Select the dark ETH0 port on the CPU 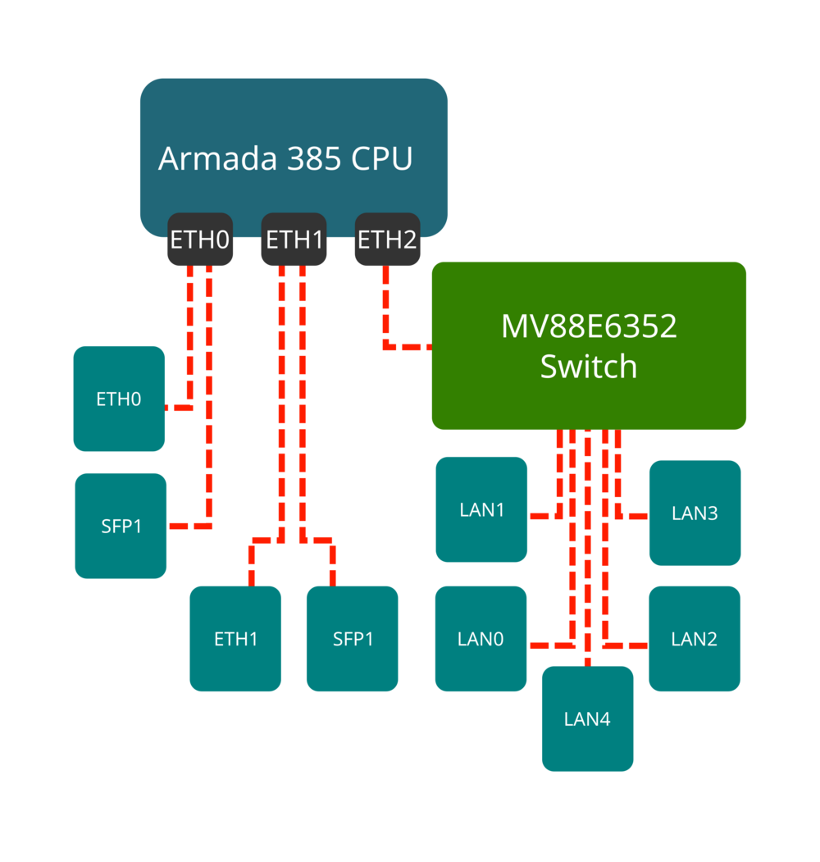coord(200,240)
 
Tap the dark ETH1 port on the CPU coord(294,240)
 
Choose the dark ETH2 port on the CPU coord(387,240)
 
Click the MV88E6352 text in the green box coord(589,326)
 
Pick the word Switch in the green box coord(589,366)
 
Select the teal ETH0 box coord(119,399)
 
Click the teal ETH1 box coord(236,639)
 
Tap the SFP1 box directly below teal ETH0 coord(121,526)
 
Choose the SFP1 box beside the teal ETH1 coord(353,639)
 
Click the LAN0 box coord(481,639)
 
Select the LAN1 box coord(481,509)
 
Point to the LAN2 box coord(695,639)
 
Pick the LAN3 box coord(695,513)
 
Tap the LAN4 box coord(587,719)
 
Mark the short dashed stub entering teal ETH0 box coord(180,407)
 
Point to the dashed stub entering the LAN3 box coord(633,516)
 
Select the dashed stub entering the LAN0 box coord(548,645)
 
